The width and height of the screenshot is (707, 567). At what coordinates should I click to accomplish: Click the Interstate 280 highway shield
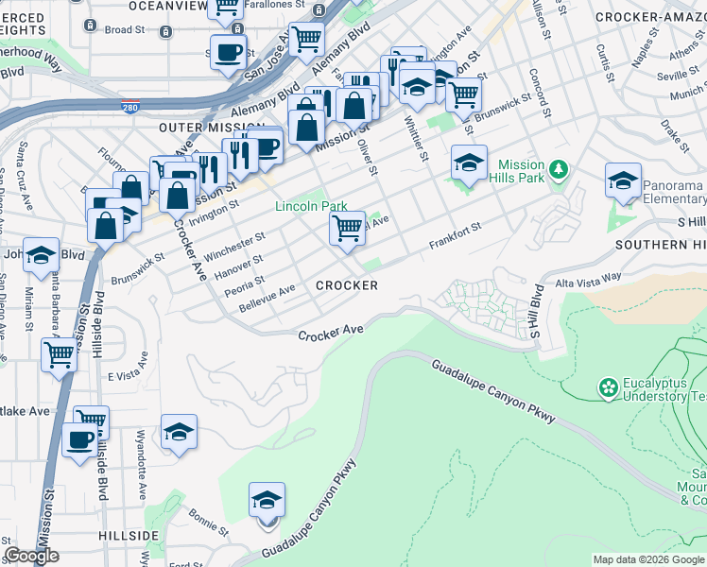pyautogui.click(x=130, y=108)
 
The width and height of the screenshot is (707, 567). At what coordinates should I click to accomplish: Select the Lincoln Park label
pyautogui.click(x=311, y=206)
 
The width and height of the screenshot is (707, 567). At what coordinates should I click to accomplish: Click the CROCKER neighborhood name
pyautogui.click(x=347, y=285)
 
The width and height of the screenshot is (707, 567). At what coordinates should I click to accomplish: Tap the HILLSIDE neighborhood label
pyautogui.click(x=128, y=536)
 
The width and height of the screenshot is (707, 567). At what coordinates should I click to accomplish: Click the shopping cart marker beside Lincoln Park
pyautogui.click(x=348, y=228)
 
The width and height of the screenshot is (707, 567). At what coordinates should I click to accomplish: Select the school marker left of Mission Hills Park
pyautogui.click(x=469, y=163)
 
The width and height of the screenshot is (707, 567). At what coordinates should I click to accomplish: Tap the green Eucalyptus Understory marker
pyautogui.click(x=608, y=387)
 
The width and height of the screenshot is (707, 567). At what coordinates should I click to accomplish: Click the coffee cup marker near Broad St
pyautogui.click(x=227, y=53)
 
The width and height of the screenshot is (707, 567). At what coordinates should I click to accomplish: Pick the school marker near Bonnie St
pyautogui.click(x=267, y=500)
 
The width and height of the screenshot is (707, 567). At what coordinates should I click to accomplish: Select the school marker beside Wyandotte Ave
pyautogui.click(x=179, y=433)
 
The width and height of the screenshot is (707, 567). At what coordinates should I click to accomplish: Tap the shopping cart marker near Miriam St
pyautogui.click(x=60, y=356)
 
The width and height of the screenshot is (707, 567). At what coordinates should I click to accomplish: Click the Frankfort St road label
pyautogui.click(x=455, y=235)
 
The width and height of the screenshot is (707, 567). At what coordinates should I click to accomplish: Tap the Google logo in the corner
pyautogui.click(x=32, y=556)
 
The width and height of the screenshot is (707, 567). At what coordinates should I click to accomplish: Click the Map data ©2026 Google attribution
pyautogui.click(x=647, y=559)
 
